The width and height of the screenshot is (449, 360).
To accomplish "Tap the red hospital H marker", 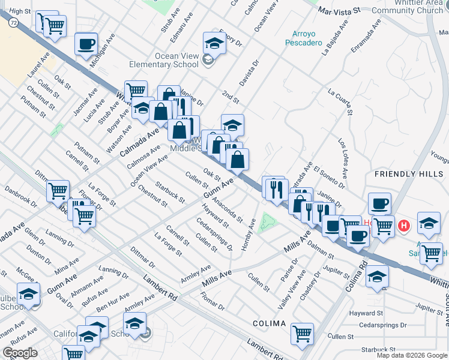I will (405, 226).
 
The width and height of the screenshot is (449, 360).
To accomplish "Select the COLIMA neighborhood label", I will (269, 323).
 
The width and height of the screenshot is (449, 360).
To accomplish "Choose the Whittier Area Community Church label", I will (411, 6).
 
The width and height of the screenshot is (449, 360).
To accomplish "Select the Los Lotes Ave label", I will (343, 158).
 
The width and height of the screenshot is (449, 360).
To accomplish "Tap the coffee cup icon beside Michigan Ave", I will (86, 43).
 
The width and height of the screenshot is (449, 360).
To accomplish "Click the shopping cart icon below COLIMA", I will (302, 333).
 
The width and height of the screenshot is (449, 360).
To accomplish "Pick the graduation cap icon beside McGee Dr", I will (28, 294).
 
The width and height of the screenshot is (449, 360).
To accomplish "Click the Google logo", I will (19, 353).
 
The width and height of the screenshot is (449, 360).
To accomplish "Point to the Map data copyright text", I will (411, 355).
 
